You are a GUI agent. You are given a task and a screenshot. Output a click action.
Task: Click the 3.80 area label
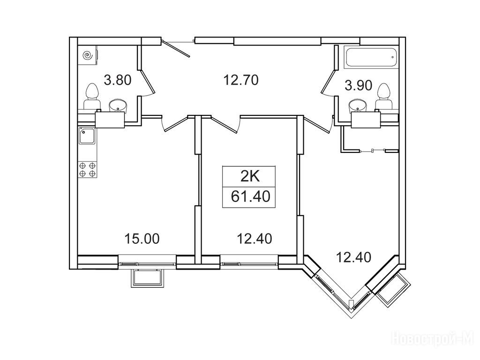[118, 81]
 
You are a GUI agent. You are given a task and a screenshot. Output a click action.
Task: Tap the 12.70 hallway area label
[241, 80]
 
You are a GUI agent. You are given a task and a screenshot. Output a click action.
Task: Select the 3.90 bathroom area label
[359, 85]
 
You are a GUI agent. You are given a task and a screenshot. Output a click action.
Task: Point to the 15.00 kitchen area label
[142, 239]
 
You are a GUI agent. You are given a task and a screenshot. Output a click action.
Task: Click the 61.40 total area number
[250, 196]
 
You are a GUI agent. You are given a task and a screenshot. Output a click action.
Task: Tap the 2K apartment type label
[250, 177]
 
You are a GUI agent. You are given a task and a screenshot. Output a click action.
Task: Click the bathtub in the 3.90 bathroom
[371, 57]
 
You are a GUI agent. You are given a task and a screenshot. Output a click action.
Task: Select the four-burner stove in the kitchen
[88, 170]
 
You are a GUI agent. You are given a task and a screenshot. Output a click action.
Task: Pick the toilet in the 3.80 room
[91, 96]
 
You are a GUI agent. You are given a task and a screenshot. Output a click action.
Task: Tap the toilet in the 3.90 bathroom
[383, 96]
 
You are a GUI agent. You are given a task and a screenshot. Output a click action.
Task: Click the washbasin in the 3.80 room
[119, 105]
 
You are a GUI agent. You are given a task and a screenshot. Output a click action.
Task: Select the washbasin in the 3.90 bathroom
[359, 105]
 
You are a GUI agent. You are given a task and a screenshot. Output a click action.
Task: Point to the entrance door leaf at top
[176, 48]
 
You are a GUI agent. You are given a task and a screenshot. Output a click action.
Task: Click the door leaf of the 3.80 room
[148, 81]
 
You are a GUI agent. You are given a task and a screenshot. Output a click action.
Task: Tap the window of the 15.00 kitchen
[147, 263]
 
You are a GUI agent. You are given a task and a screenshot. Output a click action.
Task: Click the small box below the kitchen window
[147, 278]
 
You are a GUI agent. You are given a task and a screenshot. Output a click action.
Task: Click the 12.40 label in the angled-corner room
[353, 257]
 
